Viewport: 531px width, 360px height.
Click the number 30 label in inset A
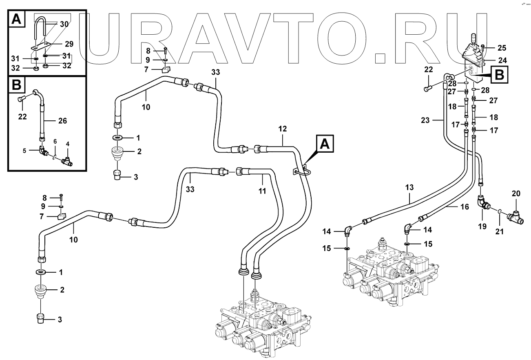click(64, 24)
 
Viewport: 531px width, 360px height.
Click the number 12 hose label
click(283, 129)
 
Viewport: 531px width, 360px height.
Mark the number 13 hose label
click(409, 187)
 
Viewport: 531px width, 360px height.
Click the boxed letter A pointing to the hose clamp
click(325, 145)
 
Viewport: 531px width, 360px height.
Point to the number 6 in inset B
click(55, 141)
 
